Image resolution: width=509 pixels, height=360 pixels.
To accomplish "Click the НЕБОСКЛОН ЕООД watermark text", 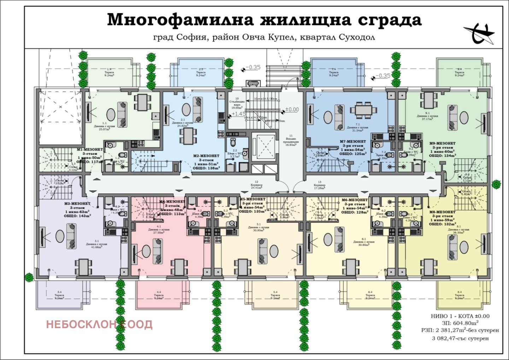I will point(99,324).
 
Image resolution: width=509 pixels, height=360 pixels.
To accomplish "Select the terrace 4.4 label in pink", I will point(159,295).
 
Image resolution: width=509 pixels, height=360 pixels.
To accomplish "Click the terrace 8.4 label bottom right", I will point(460,295).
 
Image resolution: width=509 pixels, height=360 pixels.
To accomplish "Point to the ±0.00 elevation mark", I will point(292,110).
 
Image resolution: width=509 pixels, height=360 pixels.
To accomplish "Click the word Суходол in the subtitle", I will point(357,37).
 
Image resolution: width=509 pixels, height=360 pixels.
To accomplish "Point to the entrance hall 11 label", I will point(291,140).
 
